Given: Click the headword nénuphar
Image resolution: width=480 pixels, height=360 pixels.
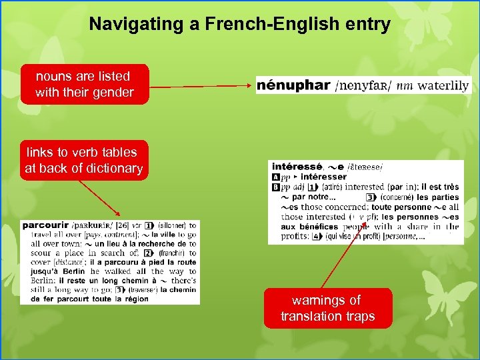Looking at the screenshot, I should click(293, 85).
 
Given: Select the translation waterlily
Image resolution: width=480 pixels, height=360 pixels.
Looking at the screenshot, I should click(443, 86).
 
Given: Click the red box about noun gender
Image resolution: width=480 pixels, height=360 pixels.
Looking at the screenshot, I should click(84, 84).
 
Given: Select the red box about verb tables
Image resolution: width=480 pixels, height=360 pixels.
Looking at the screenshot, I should click(84, 160).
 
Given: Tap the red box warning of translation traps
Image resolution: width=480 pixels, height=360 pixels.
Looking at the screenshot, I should click(328, 308).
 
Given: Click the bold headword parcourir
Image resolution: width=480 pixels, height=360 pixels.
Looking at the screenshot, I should click(45, 225).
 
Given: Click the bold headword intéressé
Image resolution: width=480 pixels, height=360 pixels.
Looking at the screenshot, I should click(297, 167).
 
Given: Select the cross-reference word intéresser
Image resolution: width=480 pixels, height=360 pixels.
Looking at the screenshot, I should click(324, 177).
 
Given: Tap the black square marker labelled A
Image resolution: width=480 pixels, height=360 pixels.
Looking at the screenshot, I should click(276, 177).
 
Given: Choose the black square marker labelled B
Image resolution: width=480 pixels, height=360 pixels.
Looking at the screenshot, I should click(276, 187).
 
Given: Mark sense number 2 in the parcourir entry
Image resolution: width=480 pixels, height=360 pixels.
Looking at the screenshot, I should click(151, 253).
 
